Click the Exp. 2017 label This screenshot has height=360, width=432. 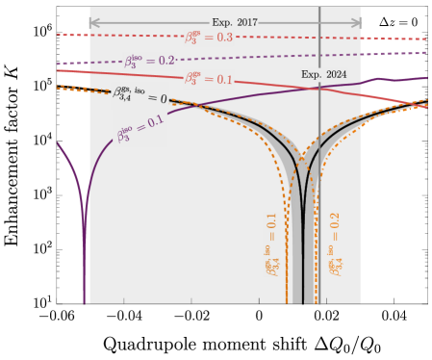(x=235, y=22)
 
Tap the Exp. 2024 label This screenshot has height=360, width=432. (x=323, y=74)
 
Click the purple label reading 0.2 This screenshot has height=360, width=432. (x=149, y=61)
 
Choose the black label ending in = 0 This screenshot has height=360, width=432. (x=140, y=94)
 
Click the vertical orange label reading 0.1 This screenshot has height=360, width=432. (x=273, y=244)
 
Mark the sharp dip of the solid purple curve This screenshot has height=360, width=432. (x=85, y=279)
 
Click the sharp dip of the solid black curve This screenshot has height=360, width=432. (x=303, y=289)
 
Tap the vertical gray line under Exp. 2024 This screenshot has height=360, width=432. (x=319, y=193)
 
